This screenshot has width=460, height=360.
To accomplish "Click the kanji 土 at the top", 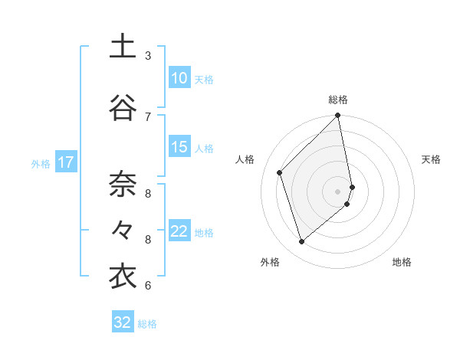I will (x=123, y=47).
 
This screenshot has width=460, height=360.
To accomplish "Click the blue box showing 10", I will (x=179, y=78).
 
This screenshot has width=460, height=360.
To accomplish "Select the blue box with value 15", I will (x=179, y=147).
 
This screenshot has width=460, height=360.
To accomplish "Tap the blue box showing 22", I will (x=179, y=231).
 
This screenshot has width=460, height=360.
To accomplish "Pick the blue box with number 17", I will (x=66, y=162).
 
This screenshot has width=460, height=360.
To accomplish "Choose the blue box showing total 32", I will (x=123, y=322).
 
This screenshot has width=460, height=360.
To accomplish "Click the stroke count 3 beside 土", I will (x=148, y=56).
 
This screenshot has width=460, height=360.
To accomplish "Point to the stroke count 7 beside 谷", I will (x=148, y=116).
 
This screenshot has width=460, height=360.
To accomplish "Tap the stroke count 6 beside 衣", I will (x=148, y=286).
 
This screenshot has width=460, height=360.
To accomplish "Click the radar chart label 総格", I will (x=338, y=100).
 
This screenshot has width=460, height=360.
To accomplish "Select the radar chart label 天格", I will (x=431, y=159).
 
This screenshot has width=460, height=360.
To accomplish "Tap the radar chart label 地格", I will (x=402, y=262).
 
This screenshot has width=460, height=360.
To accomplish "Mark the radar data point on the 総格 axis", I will (x=338, y=116).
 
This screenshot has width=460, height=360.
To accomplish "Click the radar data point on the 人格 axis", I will (x=280, y=172).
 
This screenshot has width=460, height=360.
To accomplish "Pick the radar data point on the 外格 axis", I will (x=302, y=241).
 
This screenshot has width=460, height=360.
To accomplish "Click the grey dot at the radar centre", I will (x=338, y=191).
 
